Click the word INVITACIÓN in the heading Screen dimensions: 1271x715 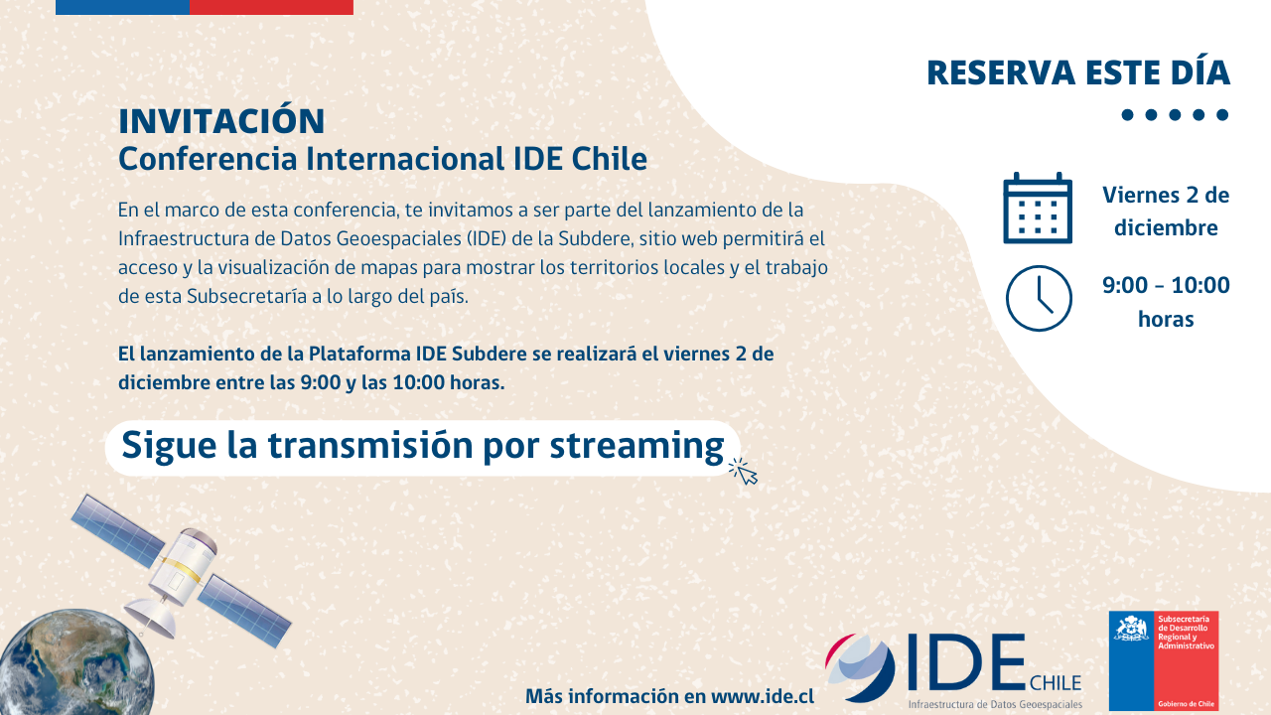221,120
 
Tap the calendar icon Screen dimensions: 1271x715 1038,208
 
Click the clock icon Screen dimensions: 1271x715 1039,299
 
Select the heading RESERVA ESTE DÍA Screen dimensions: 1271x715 1078,72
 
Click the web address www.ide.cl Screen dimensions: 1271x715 762,696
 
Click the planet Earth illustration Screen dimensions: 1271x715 76,662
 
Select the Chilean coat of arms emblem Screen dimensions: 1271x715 1132,629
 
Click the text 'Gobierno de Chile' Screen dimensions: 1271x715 1186,704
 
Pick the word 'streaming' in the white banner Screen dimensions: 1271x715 636,446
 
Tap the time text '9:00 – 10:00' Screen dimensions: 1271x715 1166,285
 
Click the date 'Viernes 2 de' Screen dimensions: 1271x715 1166,196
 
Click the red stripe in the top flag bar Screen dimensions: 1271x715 271,7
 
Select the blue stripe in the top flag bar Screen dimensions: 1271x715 122,7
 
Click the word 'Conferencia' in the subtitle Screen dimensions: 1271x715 208,159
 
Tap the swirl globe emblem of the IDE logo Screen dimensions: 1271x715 860,667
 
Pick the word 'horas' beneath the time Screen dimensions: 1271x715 1166,319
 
